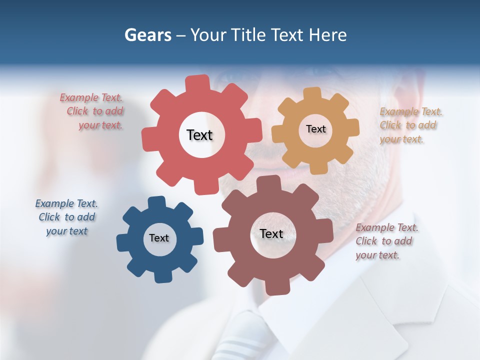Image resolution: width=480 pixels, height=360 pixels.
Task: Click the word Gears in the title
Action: click(147, 35)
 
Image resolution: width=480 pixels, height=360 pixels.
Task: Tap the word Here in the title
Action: click(327, 35)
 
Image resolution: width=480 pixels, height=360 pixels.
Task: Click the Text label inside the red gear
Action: click(199, 135)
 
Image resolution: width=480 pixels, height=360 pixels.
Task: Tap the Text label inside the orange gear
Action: click(315, 129)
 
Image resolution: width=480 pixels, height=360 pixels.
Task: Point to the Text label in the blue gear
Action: click(159, 238)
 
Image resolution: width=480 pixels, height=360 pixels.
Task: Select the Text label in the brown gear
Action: click(271, 233)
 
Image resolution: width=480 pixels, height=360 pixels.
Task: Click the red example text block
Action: click(93, 111)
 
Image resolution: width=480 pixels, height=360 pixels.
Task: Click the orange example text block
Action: click(410, 125)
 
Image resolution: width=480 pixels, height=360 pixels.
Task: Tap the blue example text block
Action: click(66, 217)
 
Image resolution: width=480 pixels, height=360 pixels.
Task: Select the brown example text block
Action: click(386, 241)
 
